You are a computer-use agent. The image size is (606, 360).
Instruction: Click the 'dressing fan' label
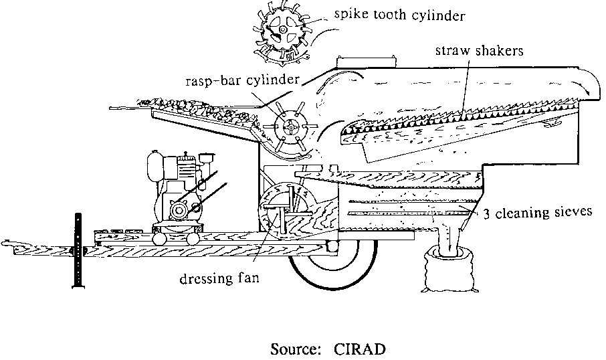(x=215, y=276)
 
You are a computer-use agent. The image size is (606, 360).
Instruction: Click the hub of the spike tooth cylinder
(x=284, y=31)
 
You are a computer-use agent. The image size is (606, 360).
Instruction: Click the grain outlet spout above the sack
(x=447, y=238)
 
